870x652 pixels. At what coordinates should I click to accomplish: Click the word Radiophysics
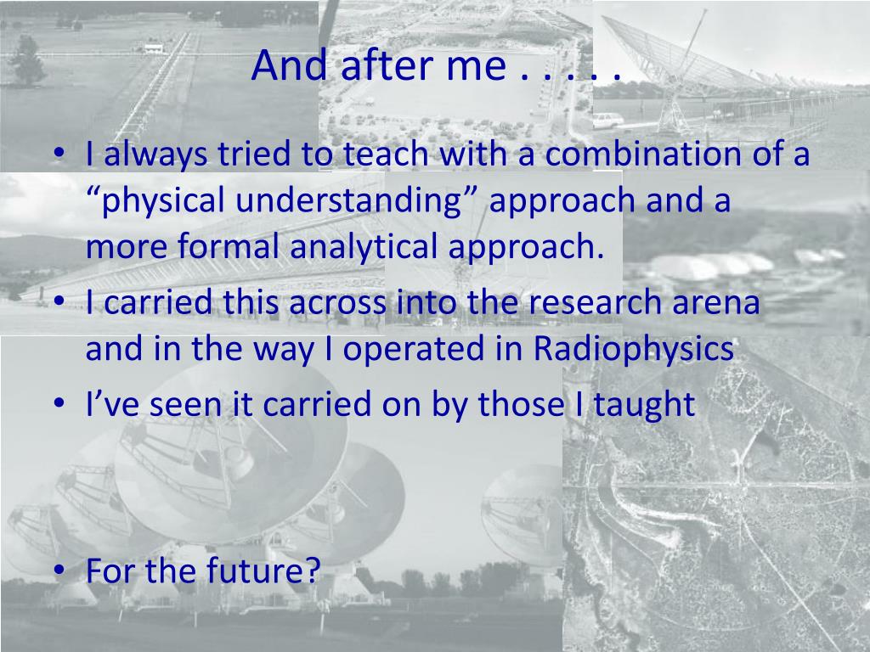(x=634, y=349)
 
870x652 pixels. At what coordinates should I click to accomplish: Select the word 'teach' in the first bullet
(x=386, y=154)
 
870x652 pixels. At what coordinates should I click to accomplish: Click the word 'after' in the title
(x=387, y=65)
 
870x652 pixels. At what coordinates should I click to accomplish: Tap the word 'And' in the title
(x=289, y=65)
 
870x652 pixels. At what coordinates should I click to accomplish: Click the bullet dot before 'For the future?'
(x=59, y=570)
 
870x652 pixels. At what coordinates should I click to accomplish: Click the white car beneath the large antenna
(x=608, y=120)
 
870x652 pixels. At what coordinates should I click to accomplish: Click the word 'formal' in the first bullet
(x=228, y=245)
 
